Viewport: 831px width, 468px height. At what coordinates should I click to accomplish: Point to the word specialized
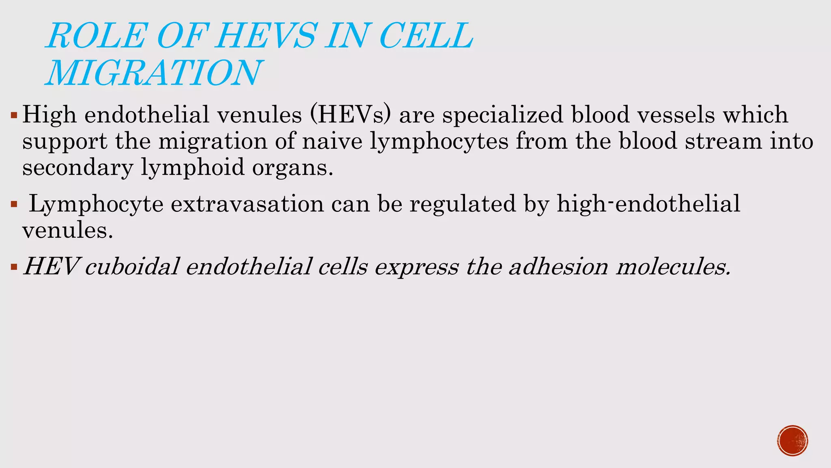click(x=502, y=115)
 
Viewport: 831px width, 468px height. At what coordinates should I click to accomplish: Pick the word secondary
click(x=78, y=168)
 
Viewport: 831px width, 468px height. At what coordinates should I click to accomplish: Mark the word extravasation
click(x=247, y=204)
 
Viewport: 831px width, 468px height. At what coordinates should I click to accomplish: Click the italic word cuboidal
click(x=132, y=267)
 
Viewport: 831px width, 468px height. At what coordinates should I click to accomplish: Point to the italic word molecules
click(x=673, y=267)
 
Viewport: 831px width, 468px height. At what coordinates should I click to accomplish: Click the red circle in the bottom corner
click(x=792, y=441)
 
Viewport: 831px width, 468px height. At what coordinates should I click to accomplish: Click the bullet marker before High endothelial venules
click(x=14, y=116)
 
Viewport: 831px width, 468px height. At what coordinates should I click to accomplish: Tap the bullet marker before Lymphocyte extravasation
click(x=14, y=204)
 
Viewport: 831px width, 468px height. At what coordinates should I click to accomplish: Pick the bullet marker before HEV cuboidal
click(x=14, y=267)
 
